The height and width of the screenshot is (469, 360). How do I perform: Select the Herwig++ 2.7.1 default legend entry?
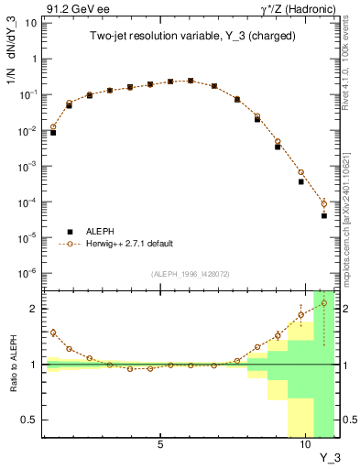(128, 244)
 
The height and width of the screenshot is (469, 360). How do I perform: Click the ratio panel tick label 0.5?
(28, 420)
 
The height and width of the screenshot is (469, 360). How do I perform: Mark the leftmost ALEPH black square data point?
(53, 133)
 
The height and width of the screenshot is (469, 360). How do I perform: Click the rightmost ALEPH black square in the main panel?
(324, 216)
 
